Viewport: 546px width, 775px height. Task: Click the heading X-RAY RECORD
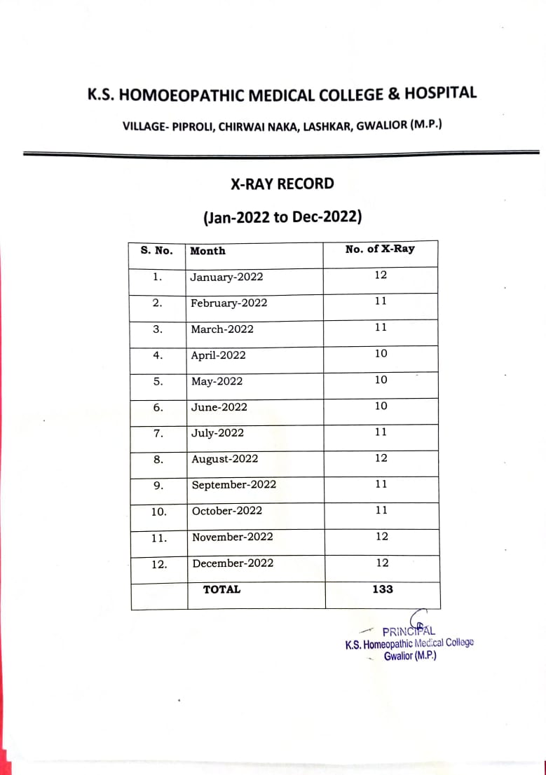point(282,184)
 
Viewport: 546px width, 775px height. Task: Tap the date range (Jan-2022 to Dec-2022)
point(282,217)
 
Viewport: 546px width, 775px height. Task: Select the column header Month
point(207,251)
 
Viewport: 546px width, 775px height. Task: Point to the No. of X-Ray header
point(380,249)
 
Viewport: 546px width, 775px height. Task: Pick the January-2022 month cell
point(227,277)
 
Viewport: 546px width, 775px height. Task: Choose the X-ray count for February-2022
point(381,301)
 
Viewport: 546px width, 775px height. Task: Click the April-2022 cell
point(219,355)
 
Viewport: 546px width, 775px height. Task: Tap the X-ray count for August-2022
point(381,458)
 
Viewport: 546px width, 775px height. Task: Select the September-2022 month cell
point(234,485)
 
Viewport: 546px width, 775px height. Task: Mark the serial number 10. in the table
point(159,512)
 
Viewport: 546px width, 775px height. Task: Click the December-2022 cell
point(233,563)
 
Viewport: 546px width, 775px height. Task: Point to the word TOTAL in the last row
point(221,589)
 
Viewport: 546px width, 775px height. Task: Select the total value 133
point(383,589)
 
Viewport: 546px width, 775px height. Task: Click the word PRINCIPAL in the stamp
point(409,631)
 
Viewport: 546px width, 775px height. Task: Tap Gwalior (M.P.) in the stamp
point(410,657)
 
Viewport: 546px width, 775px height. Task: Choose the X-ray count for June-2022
point(381,406)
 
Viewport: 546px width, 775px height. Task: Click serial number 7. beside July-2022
point(158,434)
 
